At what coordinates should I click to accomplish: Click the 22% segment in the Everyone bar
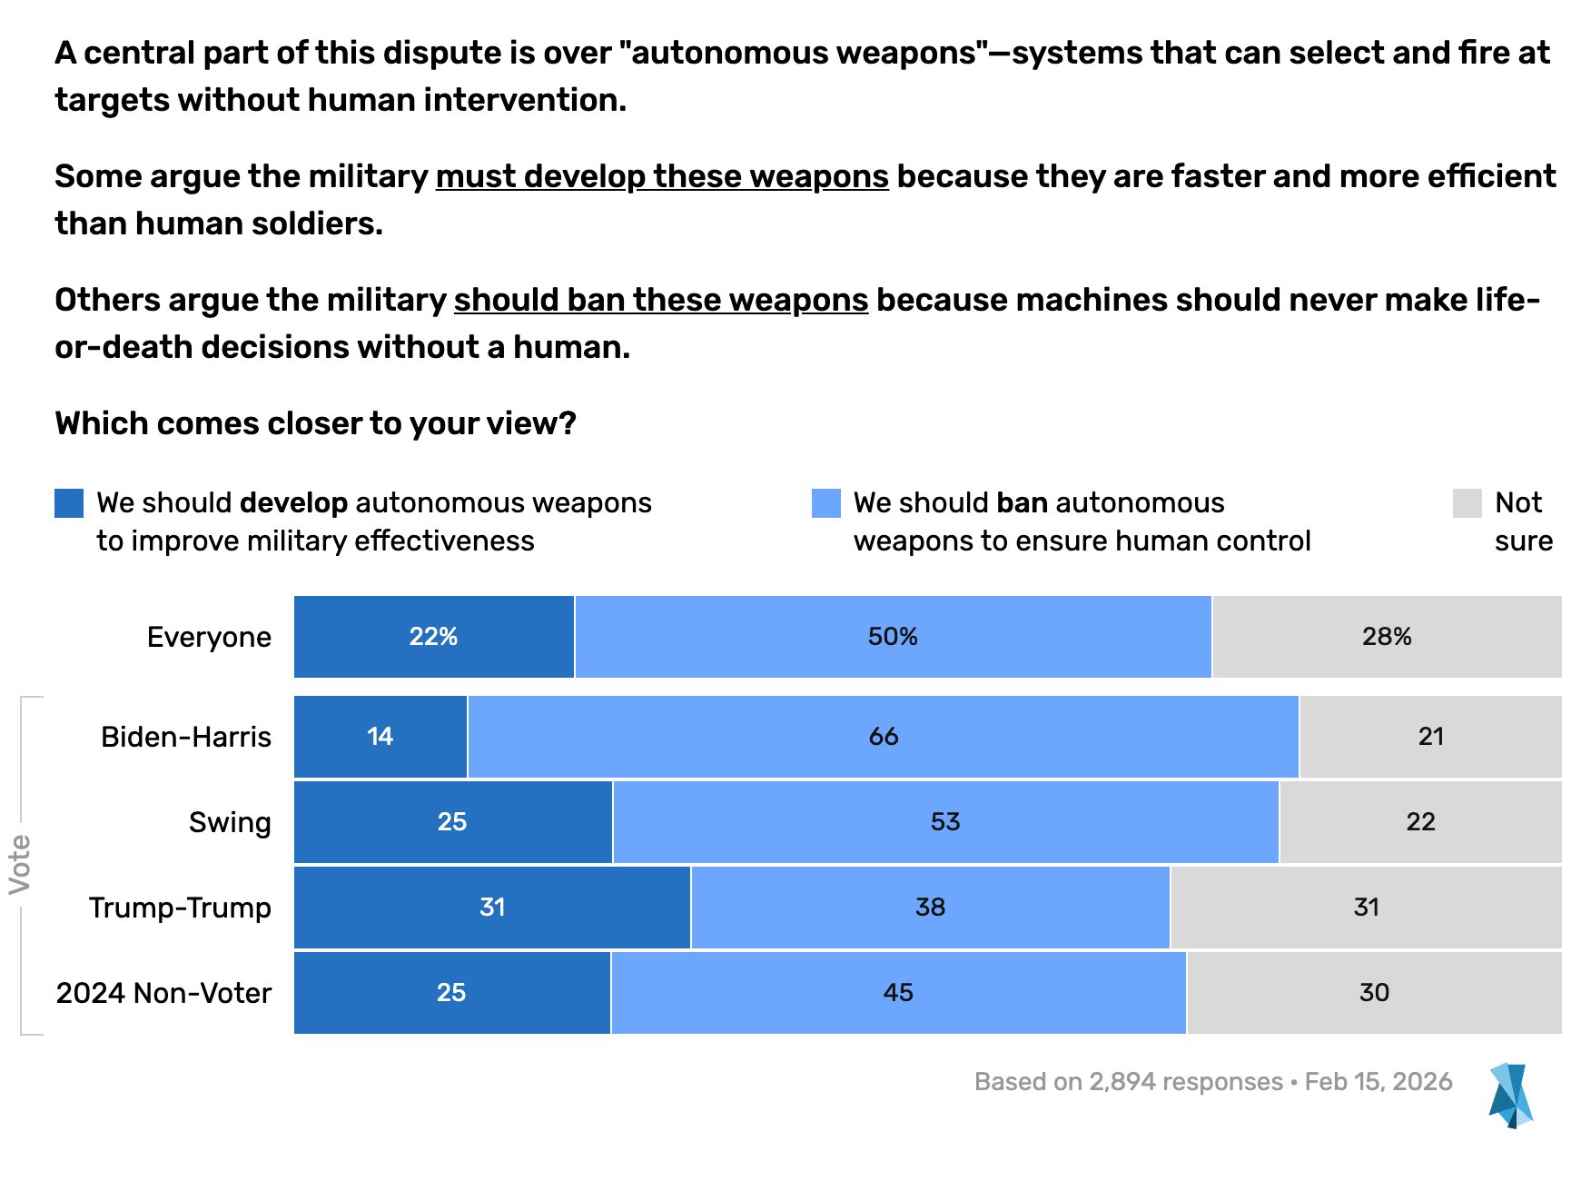tap(434, 637)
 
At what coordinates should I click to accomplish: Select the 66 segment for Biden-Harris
tap(883, 737)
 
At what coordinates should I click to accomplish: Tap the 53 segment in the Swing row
tap(945, 822)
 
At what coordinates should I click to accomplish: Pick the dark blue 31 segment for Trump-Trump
tap(491, 908)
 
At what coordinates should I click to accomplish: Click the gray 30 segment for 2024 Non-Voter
tap(1374, 993)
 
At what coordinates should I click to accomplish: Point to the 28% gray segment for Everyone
tap(1387, 637)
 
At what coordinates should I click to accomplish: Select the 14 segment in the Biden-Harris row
tap(380, 737)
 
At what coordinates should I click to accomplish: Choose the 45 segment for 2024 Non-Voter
tap(898, 993)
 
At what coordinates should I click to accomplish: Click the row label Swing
tap(230, 822)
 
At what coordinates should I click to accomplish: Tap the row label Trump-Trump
tap(180, 908)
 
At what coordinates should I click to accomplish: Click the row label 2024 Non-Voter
tap(163, 993)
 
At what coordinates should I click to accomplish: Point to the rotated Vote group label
tap(20, 864)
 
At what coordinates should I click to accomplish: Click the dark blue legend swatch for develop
tap(69, 503)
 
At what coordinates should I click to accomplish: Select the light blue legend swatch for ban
tap(826, 503)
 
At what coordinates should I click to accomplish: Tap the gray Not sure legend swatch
tap(1467, 503)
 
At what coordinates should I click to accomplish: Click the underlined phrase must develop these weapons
tap(662, 176)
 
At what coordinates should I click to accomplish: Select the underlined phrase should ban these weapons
tap(661, 300)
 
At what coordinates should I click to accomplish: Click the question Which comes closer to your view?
tap(315, 423)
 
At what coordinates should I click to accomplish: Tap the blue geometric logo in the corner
tap(1510, 1096)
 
